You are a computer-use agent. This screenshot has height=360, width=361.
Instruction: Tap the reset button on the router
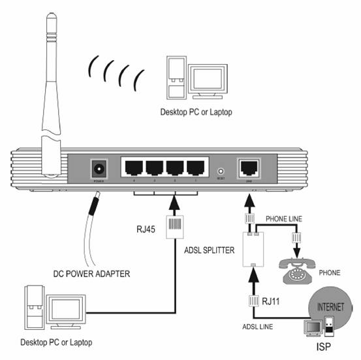pyautogui.click(x=221, y=171)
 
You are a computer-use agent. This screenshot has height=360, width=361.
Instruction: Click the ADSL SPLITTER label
pyautogui.click(x=211, y=249)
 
